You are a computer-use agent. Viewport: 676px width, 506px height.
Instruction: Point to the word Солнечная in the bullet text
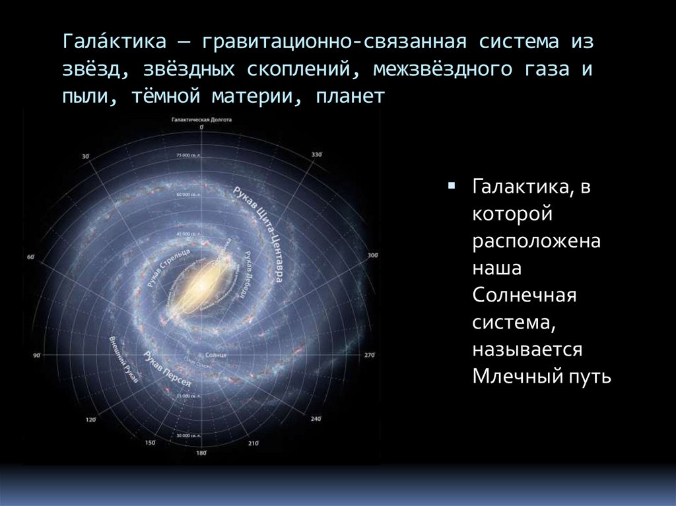click(x=525, y=295)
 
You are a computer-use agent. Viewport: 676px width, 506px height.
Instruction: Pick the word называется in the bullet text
click(x=527, y=349)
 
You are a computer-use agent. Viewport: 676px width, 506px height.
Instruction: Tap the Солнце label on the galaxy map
click(x=217, y=355)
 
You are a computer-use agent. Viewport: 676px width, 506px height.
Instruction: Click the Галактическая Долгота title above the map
click(x=201, y=121)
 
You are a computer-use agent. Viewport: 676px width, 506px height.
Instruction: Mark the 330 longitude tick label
click(x=316, y=155)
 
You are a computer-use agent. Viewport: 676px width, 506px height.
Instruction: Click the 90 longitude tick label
click(x=37, y=356)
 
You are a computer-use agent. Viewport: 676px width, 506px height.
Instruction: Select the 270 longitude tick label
click(x=370, y=355)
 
